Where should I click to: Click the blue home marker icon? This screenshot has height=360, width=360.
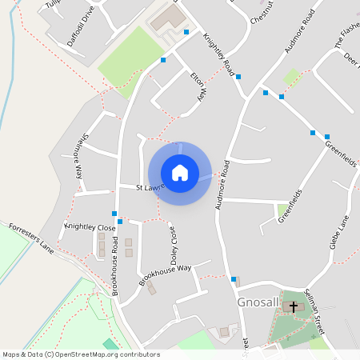pyautogui.click(x=180, y=172)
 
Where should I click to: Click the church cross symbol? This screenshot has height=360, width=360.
pyautogui.click(x=293, y=306)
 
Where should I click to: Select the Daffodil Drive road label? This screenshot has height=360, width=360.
pyautogui.click(x=81, y=25)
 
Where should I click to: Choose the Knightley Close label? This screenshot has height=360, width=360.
pyautogui.click(x=90, y=227)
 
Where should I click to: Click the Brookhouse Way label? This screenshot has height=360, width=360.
pyautogui.click(x=165, y=274)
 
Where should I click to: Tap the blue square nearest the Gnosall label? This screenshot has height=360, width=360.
pyautogui.click(x=234, y=279)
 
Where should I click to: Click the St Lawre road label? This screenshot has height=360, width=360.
pyautogui.click(x=150, y=187)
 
